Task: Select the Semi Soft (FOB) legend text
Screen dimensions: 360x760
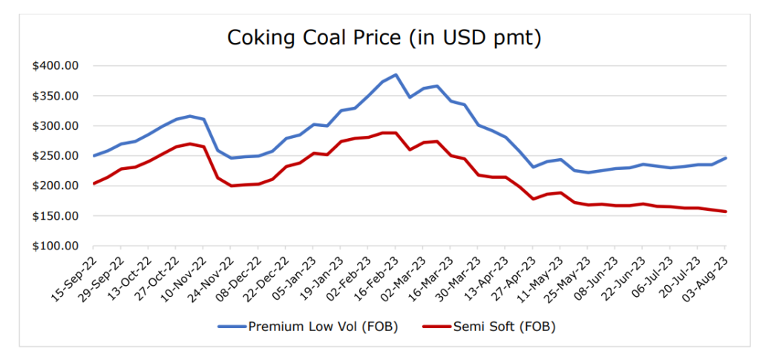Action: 504,326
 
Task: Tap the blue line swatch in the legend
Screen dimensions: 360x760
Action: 232,326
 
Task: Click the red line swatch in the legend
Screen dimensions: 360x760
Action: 436,326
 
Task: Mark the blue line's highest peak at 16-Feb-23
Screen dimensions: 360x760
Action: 396,75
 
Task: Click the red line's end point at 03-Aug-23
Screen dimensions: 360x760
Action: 725,212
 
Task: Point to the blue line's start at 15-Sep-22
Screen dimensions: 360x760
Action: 94,156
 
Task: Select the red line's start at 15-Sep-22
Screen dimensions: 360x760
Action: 94,183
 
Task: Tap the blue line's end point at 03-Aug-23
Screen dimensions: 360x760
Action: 725,157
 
